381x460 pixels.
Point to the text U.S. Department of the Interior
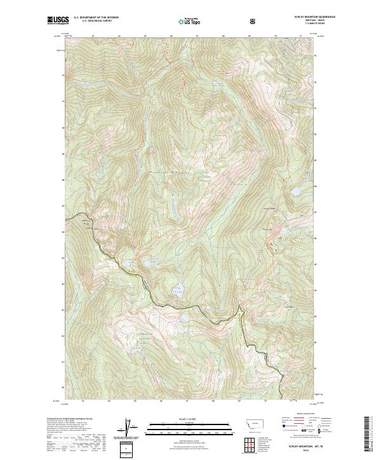pyautogui.click(x=95, y=18)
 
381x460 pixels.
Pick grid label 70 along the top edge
pyautogui.click(x=274, y=36)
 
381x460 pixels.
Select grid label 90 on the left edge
pyautogui.click(x=63, y=127)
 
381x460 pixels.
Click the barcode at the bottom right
pyautogui.click(x=368, y=434)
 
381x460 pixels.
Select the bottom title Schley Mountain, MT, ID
pyautogui.click(x=299, y=445)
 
